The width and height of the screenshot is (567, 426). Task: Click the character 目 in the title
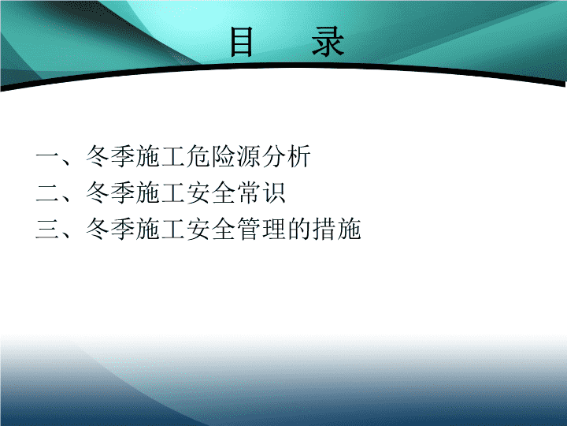242,42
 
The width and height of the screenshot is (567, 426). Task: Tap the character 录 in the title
328,42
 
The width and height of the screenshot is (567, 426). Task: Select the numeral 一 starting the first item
47,156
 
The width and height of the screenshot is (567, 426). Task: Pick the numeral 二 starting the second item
47,193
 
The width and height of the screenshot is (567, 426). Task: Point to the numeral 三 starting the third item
47,230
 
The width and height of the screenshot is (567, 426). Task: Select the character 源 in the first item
249,156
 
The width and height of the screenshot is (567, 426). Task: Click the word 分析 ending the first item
287,156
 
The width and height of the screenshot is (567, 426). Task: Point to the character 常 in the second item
249,192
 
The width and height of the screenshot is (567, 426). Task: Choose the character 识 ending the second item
274,192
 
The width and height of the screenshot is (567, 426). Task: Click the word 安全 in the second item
211,192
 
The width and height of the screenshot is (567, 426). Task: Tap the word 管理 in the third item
261,229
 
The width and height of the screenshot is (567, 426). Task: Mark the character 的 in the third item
299,229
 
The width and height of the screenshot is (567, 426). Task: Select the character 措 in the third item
324,229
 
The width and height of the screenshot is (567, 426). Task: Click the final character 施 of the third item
350,229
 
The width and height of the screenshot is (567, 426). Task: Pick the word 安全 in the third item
211,229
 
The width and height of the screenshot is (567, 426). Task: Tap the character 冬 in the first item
98,156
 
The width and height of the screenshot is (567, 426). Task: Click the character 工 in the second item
173,193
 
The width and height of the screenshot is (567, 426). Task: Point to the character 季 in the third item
123,229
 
